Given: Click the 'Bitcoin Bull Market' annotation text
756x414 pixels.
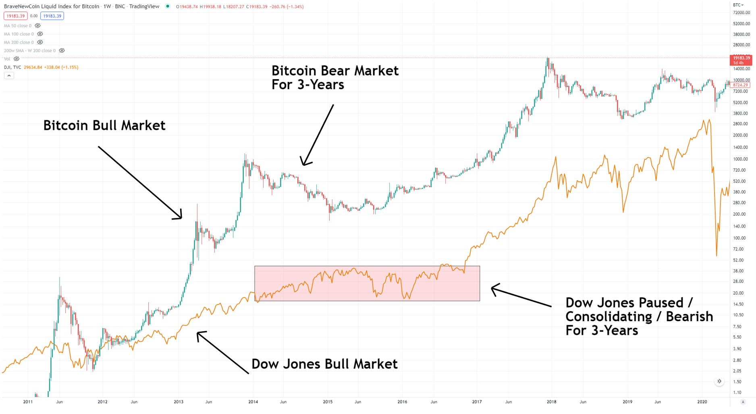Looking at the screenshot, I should [x=104, y=125].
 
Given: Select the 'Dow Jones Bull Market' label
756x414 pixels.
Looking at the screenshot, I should [x=324, y=364].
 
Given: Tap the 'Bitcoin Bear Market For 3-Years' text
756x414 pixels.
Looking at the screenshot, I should [x=334, y=77].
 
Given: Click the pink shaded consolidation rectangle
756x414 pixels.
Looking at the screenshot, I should [x=367, y=283].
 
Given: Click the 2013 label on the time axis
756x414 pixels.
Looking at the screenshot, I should [x=178, y=402].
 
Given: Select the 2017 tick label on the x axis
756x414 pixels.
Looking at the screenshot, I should [x=477, y=402].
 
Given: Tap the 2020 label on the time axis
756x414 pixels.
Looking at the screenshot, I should [x=702, y=402].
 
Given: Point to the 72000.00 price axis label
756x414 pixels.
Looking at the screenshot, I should [x=741, y=13].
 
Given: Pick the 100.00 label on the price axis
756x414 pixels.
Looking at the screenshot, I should [x=740, y=238].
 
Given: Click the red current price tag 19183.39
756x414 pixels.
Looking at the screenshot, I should [x=741, y=60].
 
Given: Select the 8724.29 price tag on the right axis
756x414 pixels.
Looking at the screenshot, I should [x=741, y=85].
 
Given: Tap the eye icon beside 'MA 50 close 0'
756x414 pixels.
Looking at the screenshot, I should [x=37, y=26].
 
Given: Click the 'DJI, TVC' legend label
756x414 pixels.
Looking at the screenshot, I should [x=12, y=67].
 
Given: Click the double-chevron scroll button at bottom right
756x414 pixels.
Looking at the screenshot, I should [x=719, y=381].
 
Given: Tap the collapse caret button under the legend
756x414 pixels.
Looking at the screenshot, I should [x=9, y=75].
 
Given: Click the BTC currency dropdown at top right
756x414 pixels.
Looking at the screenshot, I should [x=738, y=5].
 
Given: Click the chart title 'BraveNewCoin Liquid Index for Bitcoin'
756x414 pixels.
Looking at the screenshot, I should [x=52, y=6].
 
